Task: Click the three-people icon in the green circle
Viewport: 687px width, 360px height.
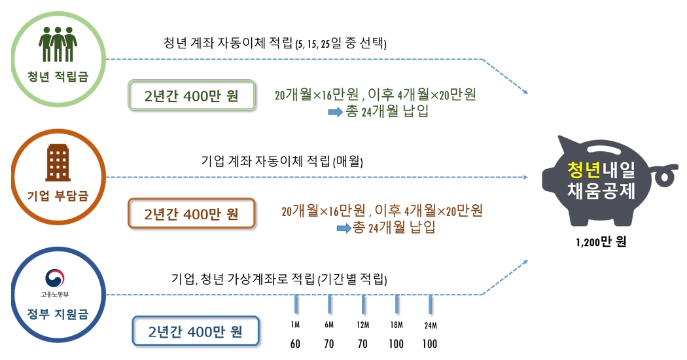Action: (x=58, y=44)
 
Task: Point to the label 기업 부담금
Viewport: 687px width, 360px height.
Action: (x=58, y=194)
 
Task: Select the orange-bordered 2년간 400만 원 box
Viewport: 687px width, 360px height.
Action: (x=192, y=213)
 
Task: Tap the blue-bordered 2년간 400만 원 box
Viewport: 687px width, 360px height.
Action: (x=196, y=331)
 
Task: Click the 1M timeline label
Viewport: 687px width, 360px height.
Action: (x=295, y=325)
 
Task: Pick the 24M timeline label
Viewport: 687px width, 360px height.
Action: (x=430, y=325)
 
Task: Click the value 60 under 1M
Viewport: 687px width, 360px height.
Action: (x=295, y=344)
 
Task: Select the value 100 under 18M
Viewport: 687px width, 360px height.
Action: (x=396, y=344)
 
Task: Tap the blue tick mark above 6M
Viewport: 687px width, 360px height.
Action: (x=329, y=304)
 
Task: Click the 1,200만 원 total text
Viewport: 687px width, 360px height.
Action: (x=601, y=243)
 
